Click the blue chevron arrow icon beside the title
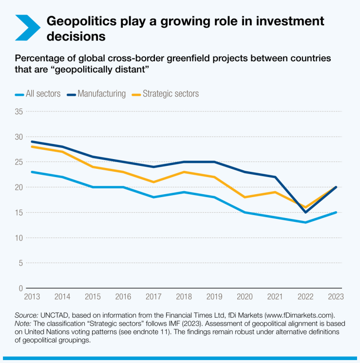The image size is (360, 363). pos(27,27)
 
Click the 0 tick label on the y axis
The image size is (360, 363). pos(21,288)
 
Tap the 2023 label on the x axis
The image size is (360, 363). pos(336,296)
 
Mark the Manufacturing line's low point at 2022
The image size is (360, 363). pos(305,212)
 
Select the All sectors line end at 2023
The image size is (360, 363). pos(336,212)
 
